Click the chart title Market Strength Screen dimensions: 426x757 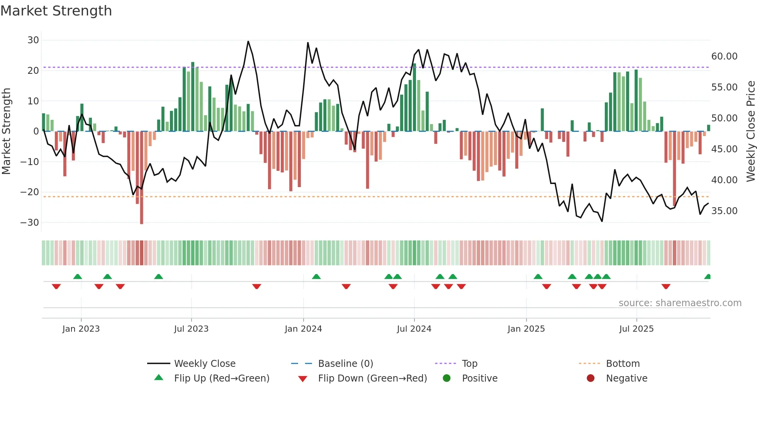[x=56, y=11]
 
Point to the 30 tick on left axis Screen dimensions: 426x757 [x=33, y=40]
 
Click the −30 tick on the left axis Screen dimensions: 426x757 [x=30, y=223]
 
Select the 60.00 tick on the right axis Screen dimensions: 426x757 [x=724, y=56]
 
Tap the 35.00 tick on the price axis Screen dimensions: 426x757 [x=724, y=211]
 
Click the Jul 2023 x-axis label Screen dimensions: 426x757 [x=191, y=329]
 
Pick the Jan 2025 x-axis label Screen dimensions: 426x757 [x=526, y=329]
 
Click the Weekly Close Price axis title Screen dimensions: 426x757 [x=750, y=131]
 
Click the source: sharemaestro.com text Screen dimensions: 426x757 [x=680, y=303]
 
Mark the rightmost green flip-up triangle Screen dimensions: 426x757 [x=708, y=277]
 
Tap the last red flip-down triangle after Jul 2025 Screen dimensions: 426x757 [x=665, y=286]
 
